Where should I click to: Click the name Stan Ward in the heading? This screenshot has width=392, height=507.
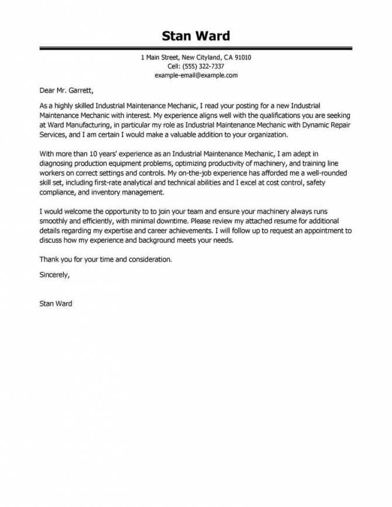pos(196,36)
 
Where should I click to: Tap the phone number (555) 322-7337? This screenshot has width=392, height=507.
pos(204,67)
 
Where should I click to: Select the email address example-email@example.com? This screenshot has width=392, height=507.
pos(196,76)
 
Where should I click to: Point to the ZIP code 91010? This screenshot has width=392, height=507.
pos(242,58)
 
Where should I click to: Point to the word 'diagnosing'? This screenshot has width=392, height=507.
pos(57,164)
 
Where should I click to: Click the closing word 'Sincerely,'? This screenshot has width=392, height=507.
pos(54,274)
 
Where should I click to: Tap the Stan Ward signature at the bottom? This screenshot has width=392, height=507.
pos(56,303)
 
